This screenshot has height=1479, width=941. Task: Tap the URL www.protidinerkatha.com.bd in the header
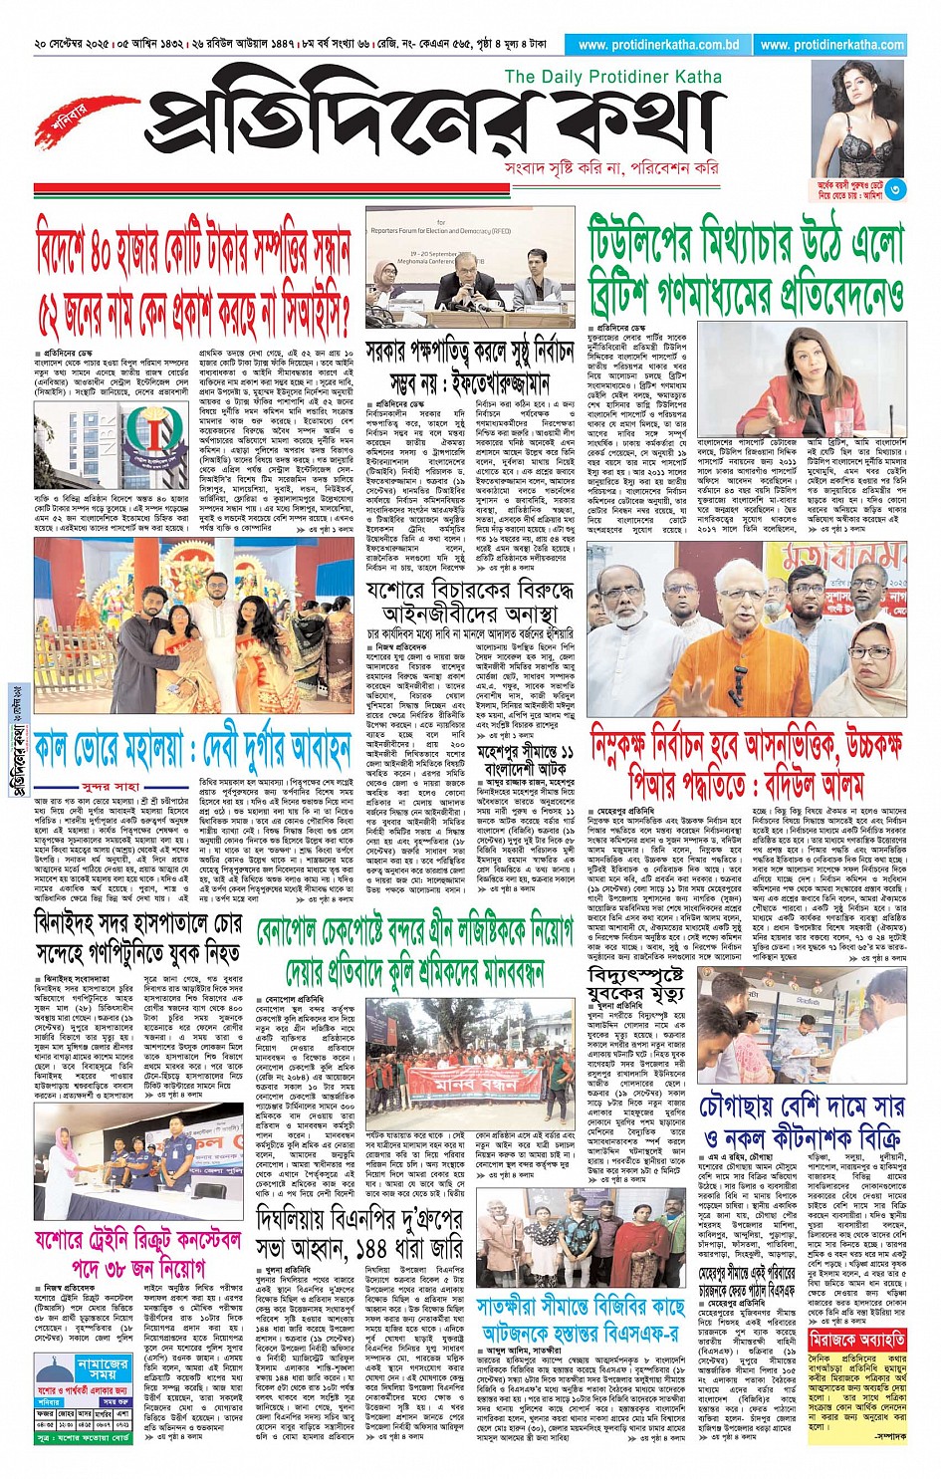tap(658, 45)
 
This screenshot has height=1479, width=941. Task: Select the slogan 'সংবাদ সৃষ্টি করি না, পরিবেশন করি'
tap(611, 168)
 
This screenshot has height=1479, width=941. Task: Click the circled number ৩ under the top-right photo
tap(895, 189)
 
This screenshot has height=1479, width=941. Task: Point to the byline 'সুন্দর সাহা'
tap(112, 786)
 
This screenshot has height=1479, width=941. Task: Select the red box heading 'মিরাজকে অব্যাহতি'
tap(856, 1340)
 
